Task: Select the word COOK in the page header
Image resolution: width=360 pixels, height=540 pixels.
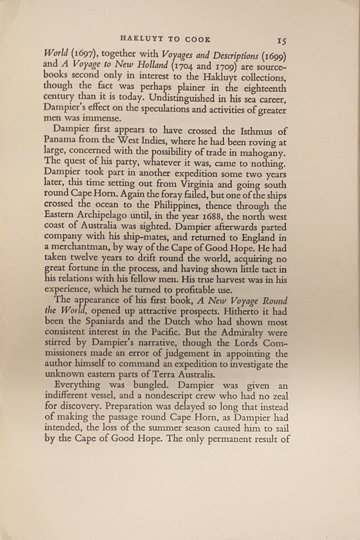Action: [x=198, y=39]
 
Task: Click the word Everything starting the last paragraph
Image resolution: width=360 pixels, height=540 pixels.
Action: [x=77, y=385]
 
